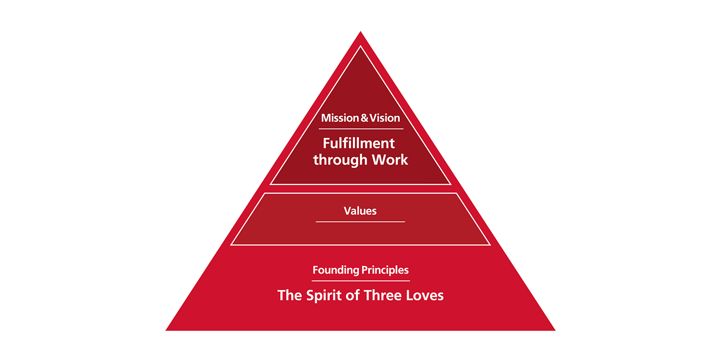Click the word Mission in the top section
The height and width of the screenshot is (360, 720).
pyautogui.click(x=338, y=118)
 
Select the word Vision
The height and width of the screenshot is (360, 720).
pyautogui.click(x=383, y=118)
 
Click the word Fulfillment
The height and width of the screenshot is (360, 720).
pyautogui.click(x=359, y=143)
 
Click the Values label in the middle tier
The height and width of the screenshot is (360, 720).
pyautogui.click(x=360, y=210)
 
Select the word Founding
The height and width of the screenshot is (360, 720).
pyautogui.click(x=336, y=270)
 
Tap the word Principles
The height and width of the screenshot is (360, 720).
pyautogui.click(x=385, y=270)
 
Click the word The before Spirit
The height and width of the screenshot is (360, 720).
pyautogui.click(x=290, y=295)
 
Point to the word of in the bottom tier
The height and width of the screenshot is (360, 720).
pyautogui.click(x=354, y=295)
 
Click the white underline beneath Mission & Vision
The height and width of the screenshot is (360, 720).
pyautogui.click(x=361, y=129)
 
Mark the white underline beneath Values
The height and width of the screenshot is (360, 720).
pyautogui.click(x=360, y=222)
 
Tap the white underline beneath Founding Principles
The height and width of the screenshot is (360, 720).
pyautogui.click(x=361, y=280)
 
